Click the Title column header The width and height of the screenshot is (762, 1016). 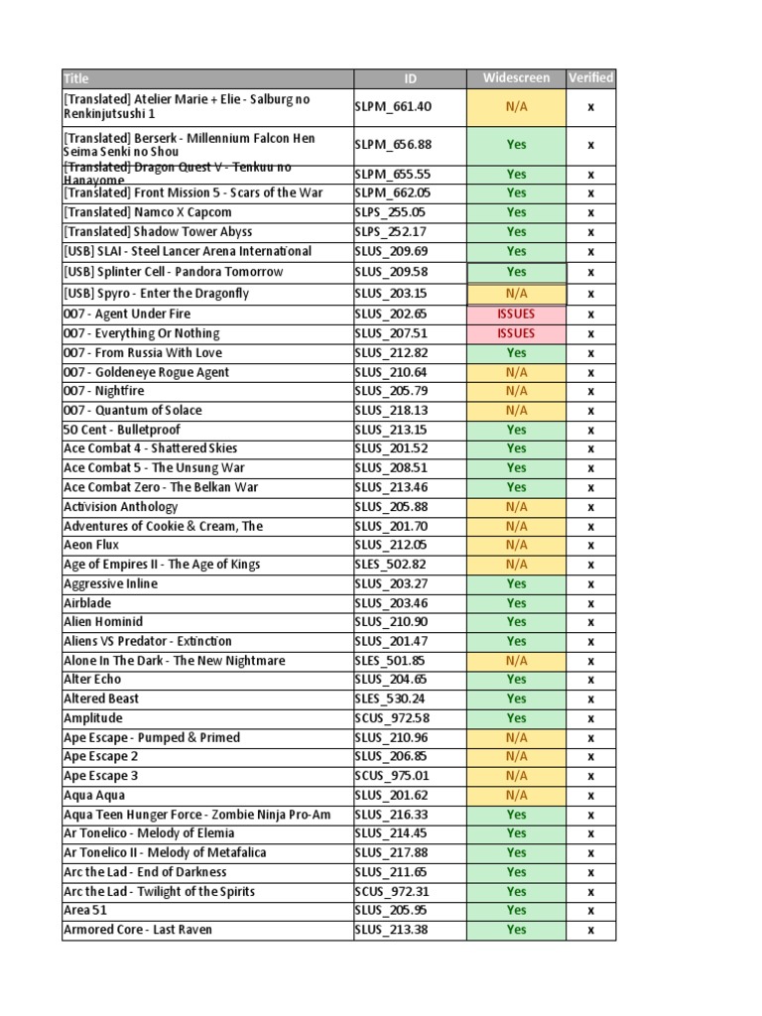point(76,78)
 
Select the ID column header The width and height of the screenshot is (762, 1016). point(410,78)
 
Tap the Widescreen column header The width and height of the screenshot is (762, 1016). point(516,78)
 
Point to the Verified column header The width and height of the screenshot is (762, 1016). point(590,78)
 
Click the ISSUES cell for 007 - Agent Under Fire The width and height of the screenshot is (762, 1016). point(516,314)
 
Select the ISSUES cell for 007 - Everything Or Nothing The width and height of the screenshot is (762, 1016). point(516,333)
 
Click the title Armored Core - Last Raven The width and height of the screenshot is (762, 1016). point(138,930)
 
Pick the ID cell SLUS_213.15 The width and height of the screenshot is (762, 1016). point(393,430)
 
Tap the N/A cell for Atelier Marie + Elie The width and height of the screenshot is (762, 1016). point(516,106)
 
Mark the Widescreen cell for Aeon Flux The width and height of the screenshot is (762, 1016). point(516,545)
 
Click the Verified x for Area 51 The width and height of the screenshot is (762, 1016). point(590,910)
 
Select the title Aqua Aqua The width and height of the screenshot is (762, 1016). point(94,795)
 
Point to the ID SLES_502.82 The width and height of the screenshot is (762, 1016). point(392,565)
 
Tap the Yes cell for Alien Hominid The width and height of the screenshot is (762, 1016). point(516,622)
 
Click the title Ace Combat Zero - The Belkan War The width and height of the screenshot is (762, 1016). point(161,487)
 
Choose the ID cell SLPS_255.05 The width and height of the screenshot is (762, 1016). point(392,212)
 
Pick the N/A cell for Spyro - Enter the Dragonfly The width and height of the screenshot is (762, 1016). point(516,294)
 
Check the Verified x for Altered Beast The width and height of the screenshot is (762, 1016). point(590,698)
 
